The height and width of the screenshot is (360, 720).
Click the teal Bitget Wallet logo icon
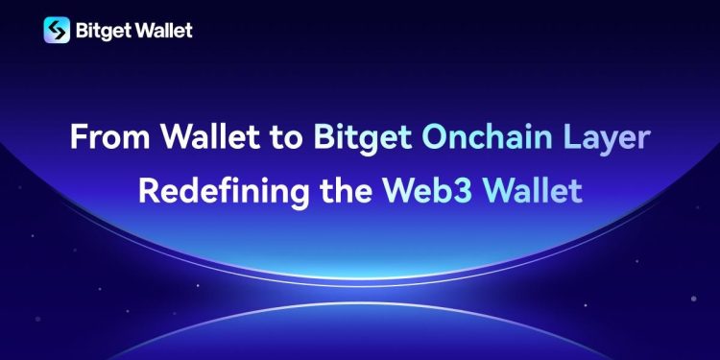(x=57, y=30)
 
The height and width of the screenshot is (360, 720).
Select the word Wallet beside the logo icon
(x=163, y=30)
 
